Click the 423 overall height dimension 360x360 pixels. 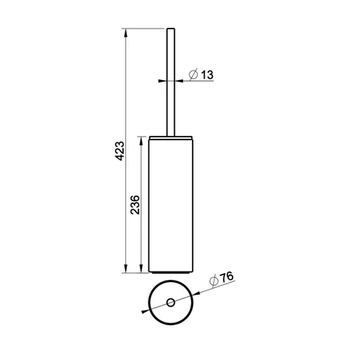(x=120, y=151)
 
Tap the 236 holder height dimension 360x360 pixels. (x=135, y=205)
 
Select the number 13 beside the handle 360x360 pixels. (x=207, y=75)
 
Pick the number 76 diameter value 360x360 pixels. (x=226, y=277)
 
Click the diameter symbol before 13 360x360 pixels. (x=193, y=74)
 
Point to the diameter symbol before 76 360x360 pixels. (x=214, y=281)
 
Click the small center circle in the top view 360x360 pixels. (x=171, y=302)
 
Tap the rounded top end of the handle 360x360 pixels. (x=171, y=29)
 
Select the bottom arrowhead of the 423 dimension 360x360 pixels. (x=126, y=268)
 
